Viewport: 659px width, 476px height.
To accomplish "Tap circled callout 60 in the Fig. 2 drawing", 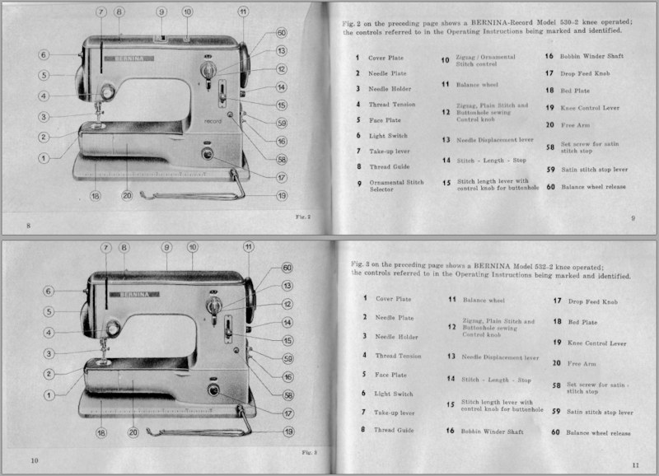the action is [281, 33].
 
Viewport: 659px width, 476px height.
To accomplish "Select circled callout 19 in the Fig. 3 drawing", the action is [288, 431].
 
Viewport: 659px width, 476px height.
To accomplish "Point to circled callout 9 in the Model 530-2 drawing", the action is [161, 12].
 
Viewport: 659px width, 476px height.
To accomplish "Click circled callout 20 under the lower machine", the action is [133, 432].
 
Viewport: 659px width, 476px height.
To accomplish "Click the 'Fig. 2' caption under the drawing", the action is [302, 216].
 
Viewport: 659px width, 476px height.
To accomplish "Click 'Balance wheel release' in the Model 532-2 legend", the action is [598, 432].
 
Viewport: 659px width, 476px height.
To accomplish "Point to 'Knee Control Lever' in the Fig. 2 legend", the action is [590, 108].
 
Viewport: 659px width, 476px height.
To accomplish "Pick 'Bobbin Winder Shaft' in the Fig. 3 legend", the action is [492, 431].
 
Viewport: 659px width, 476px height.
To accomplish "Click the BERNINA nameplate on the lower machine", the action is [131, 293].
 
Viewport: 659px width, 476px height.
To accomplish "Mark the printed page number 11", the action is [635, 465].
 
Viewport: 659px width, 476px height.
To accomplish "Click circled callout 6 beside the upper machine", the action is [44, 55].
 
